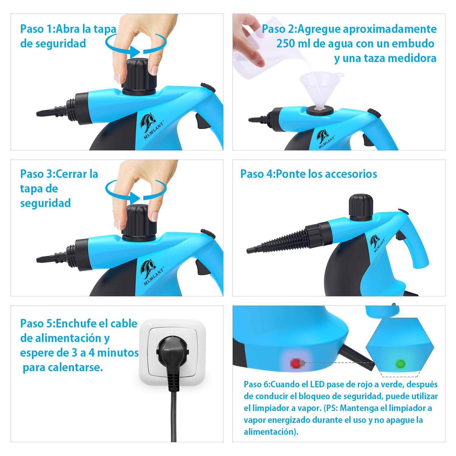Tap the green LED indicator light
(400, 364)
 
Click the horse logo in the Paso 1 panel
(149, 125)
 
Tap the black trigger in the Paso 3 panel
(201, 268)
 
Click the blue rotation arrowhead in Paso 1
(135, 51)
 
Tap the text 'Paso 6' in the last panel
(256, 384)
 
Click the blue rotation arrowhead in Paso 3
(135, 198)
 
